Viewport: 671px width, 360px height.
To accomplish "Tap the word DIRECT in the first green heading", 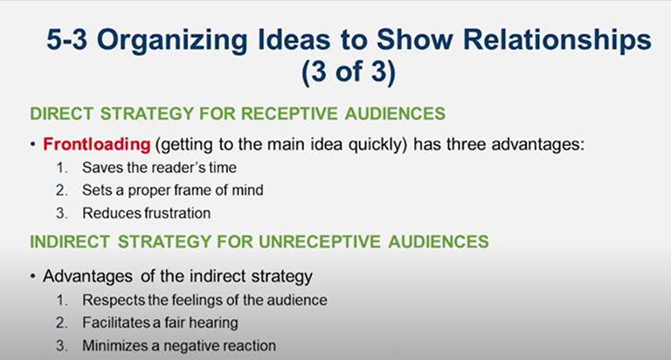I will tap(59, 113).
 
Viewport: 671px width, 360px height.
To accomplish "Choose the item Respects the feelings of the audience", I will tap(204, 300).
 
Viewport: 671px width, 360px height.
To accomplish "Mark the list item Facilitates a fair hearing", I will tap(160, 322).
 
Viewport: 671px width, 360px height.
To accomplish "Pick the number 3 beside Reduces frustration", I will tap(62, 212).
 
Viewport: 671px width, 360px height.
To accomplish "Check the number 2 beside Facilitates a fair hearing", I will tap(62, 322).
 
